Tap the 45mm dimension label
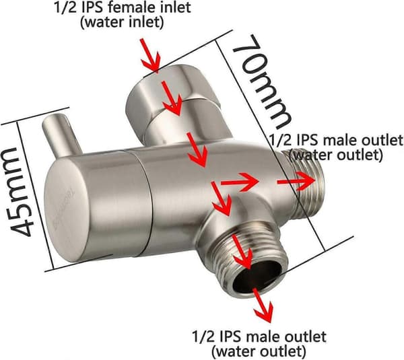(x=20, y=192)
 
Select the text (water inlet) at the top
(x=122, y=22)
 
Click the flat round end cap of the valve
(x=67, y=209)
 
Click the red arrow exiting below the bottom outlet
(x=263, y=305)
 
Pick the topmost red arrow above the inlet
(x=150, y=56)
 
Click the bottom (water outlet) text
(x=259, y=351)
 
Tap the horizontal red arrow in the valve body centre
(x=240, y=182)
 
